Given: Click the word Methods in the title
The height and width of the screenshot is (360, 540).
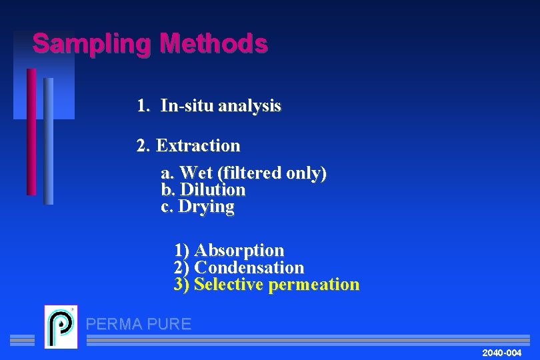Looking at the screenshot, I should tap(213, 44).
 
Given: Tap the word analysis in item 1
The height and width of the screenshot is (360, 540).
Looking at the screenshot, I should tap(249, 105).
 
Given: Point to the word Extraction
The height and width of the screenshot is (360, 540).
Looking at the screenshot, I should tap(197, 145).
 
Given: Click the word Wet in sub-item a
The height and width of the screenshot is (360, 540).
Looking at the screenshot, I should tap(196, 173).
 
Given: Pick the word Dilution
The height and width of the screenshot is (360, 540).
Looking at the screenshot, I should tap(213, 190).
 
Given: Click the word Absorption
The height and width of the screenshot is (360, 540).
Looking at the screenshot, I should tap(239, 251).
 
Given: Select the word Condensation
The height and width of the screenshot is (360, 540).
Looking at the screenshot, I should tap(249, 268).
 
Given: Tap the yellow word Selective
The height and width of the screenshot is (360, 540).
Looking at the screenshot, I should tap(229, 285).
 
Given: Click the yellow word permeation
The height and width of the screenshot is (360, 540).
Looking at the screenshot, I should tap(313, 285).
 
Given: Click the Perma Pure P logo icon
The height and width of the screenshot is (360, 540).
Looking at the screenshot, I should tap(61, 326).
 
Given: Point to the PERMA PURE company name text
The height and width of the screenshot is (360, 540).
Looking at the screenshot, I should tap(139, 325).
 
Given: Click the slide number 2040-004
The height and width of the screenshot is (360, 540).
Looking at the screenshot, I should tap(501, 352).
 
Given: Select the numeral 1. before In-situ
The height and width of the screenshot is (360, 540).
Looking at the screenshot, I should tap(143, 105).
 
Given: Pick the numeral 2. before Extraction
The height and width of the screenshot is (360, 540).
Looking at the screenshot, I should tap(143, 145).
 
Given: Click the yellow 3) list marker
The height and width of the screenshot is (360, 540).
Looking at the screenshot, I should tap(181, 285).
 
